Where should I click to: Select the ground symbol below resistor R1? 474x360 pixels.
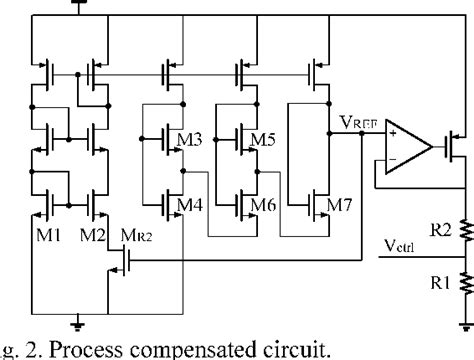[x=463, y=322]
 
